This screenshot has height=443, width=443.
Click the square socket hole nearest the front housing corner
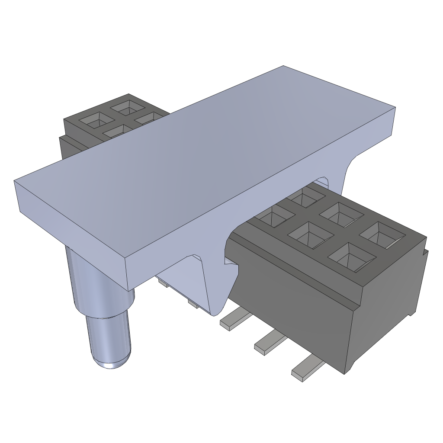[351, 257]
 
